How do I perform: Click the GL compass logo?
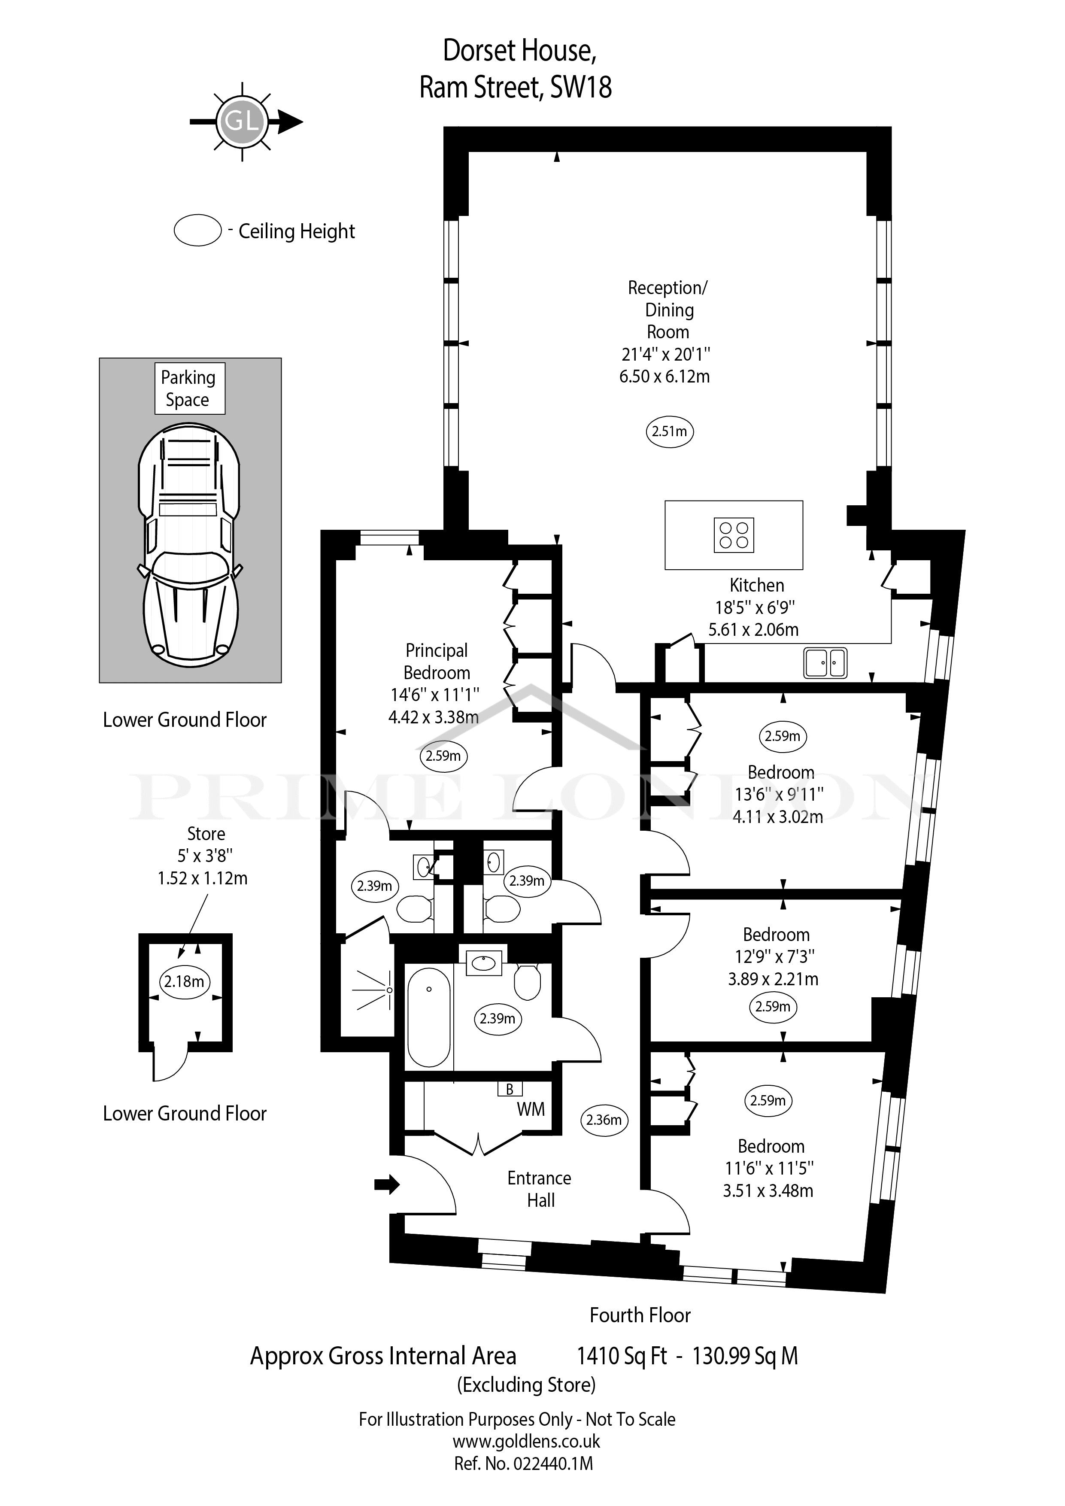click(243, 121)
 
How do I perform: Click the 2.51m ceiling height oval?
click(670, 431)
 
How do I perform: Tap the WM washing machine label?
click(531, 1109)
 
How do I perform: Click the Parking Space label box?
click(190, 389)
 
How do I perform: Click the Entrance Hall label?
click(540, 1189)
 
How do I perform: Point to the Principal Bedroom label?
click(437, 661)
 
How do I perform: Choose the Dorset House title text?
click(520, 51)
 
